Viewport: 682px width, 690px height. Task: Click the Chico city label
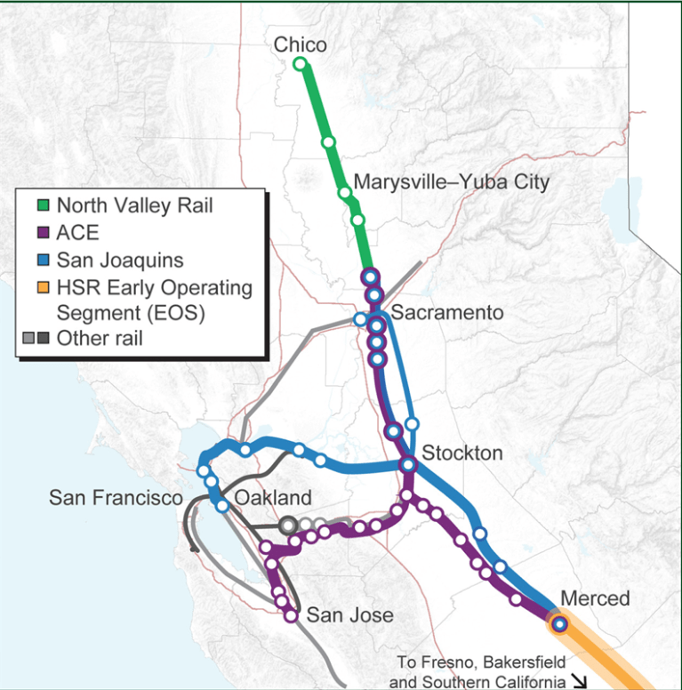[x=300, y=44]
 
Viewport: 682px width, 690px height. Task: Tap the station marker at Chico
[x=300, y=63]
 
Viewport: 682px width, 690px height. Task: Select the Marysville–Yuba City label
[x=452, y=182]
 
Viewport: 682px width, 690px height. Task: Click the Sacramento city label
[x=446, y=313]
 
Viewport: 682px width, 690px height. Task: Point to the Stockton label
[x=461, y=453]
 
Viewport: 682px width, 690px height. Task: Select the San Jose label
[x=349, y=614]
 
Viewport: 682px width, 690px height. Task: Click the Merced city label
[x=595, y=598]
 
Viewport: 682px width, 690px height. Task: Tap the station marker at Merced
[x=558, y=624]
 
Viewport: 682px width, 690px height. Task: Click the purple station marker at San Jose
[x=291, y=615]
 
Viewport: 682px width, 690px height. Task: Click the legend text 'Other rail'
[x=99, y=338]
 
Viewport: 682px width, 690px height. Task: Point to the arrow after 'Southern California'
[x=580, y=681]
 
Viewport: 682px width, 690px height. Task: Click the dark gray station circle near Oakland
[x=288, y=526]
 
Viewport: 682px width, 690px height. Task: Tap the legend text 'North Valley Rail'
[x=134, y=206]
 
